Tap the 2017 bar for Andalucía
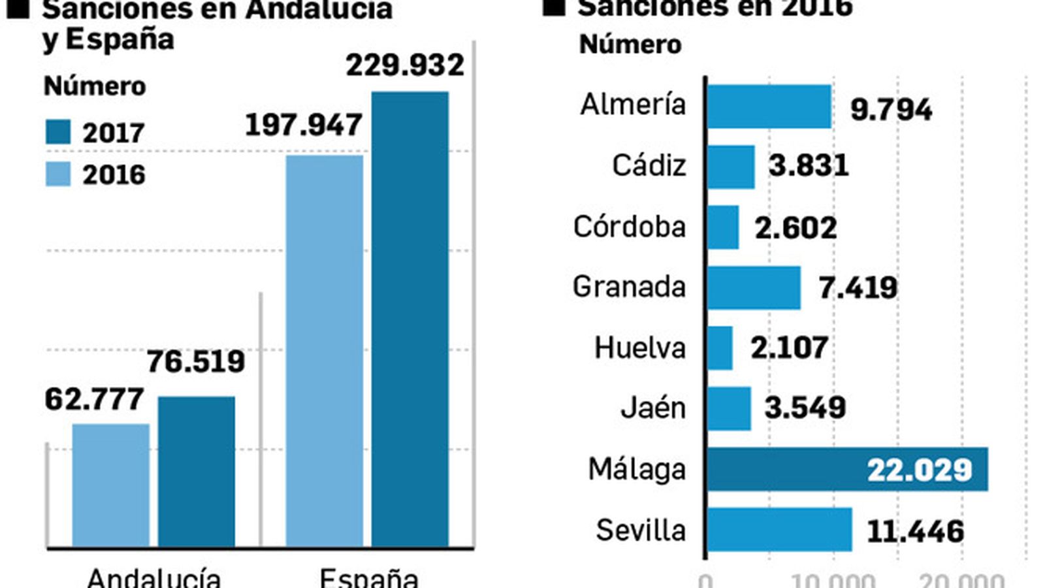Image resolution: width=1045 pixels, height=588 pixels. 197,470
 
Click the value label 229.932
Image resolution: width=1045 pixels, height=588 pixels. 405,65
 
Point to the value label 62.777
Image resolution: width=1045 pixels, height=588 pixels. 94,399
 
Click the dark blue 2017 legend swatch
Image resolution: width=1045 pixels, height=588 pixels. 58,132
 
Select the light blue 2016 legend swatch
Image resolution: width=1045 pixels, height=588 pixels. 58,174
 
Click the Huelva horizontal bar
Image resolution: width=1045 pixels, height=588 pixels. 720,348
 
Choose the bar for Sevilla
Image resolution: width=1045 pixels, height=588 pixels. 780,529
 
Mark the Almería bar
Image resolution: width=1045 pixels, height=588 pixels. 769,106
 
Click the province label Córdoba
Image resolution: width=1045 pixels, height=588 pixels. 630,227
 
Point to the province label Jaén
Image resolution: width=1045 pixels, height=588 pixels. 653,408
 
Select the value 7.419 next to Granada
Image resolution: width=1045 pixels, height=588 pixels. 858,287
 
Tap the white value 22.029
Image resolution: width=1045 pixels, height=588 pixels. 920,470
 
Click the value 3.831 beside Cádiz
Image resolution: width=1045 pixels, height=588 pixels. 809,165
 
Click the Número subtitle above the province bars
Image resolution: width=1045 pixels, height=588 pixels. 630,44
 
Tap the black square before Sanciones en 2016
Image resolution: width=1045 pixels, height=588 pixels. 554,7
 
